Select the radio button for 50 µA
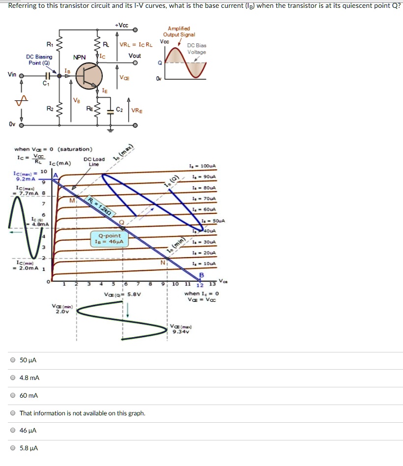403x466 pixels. coord(13,360)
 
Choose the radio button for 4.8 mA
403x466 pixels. coord(13,378)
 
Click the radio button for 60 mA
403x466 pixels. coord(13,396)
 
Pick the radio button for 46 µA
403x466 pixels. coord(13,431)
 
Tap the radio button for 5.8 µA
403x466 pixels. coord(13,448)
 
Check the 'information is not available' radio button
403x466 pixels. coord(13,413)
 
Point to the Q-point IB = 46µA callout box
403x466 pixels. coord(110,238)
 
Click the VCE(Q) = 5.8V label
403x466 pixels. coord(122,294)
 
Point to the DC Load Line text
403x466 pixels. coord(94,162)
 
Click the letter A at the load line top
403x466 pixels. coord(56,175)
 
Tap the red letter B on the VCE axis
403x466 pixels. coord(201,275)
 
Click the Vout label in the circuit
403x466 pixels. coord(134,56)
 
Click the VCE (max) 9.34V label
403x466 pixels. coord(181,329)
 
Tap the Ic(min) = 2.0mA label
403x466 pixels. coord(25,265)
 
